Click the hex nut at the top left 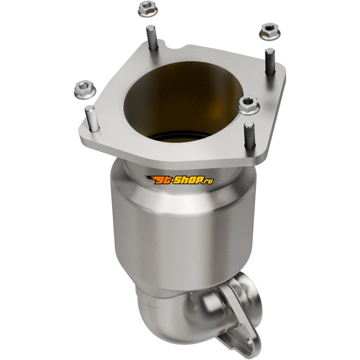coord(148,9)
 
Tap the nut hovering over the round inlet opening coord(249,105)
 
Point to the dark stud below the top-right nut coord(270,61)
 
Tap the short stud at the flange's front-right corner coord(250,135)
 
